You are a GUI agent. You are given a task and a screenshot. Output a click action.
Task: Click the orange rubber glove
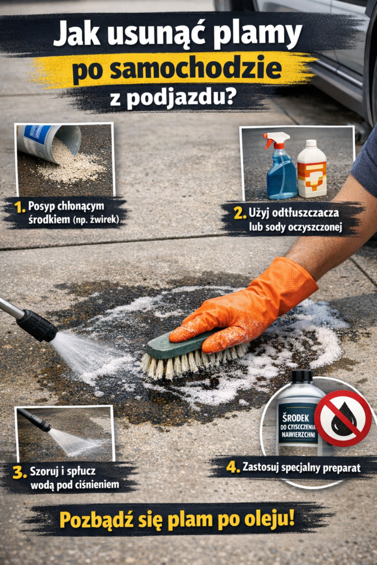(x=248, y=309)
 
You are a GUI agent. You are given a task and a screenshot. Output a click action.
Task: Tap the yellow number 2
(x=240, y=212)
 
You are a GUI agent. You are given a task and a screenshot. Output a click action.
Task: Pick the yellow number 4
(x=233, y=467)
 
